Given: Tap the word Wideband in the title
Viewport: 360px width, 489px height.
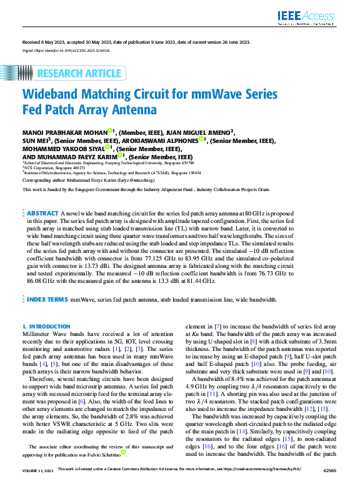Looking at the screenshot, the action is pyautogui.click(x=52, y=95).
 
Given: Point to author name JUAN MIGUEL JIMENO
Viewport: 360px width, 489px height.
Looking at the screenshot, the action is pyautogui.click(x=198, y=132).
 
